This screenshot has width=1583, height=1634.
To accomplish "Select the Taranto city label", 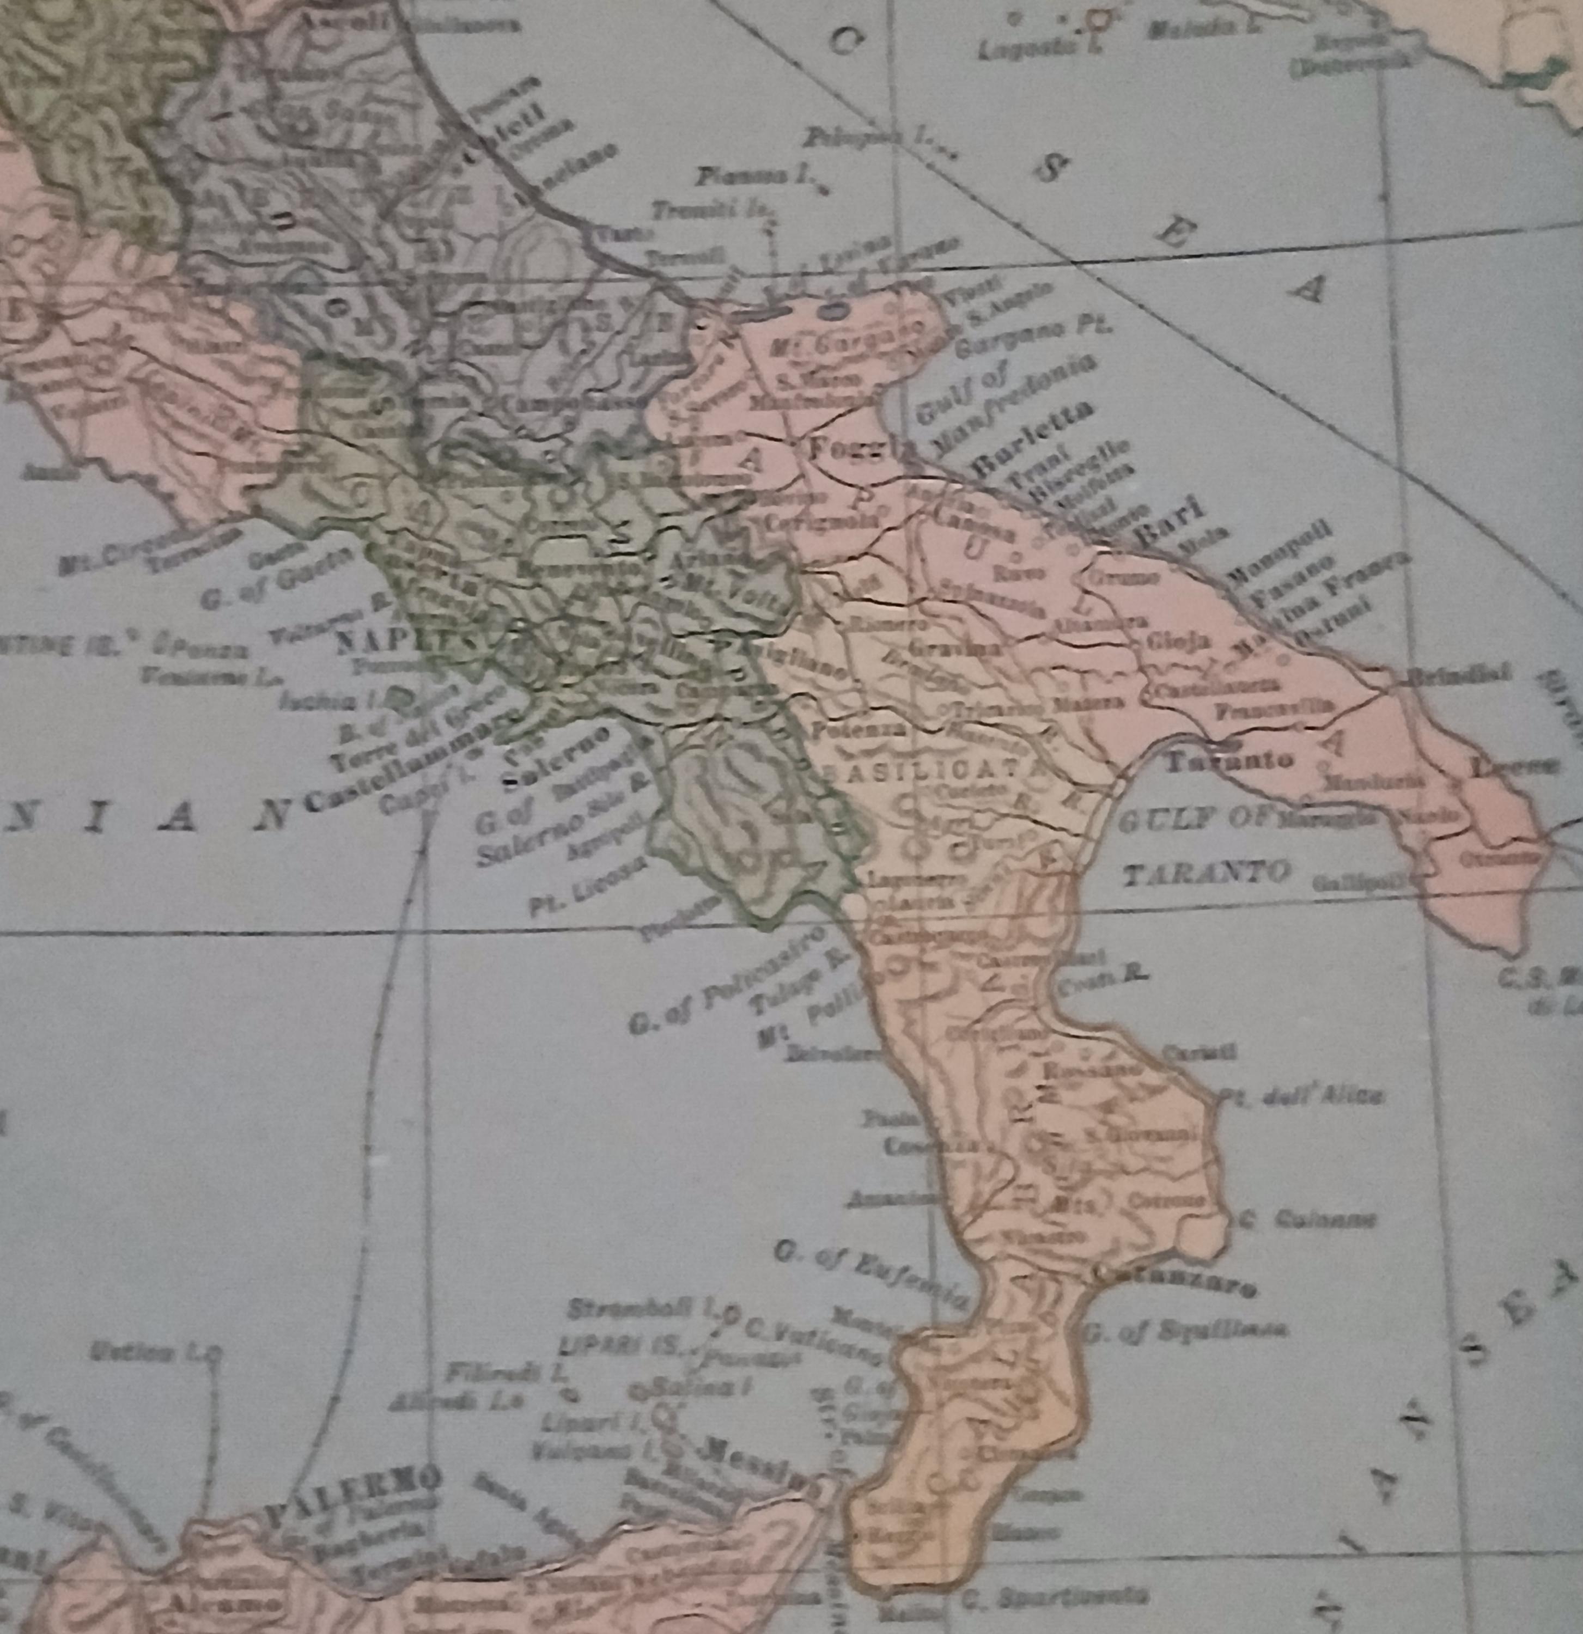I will (x=1229, y=759).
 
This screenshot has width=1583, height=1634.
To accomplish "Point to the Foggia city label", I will (x=858, y=451).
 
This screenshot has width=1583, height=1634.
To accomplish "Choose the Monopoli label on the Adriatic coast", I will (x=1280, y=546).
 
